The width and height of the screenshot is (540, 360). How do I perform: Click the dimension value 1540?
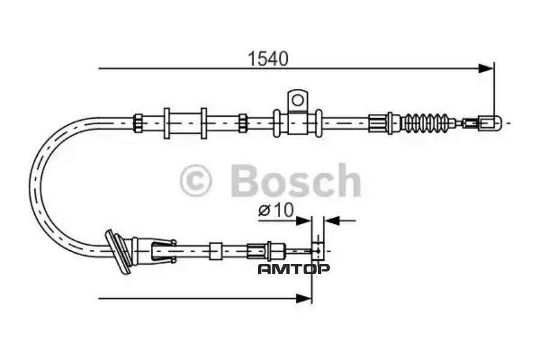268,58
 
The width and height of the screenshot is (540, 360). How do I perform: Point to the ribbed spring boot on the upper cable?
425,123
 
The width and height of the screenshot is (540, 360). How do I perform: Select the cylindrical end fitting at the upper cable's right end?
490,123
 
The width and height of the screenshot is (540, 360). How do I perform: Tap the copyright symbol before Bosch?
196,181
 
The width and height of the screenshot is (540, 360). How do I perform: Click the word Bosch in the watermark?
295,181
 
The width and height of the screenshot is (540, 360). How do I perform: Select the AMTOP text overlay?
293,269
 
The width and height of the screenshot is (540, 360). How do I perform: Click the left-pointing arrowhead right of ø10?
332,220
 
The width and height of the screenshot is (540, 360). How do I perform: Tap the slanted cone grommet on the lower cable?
119,251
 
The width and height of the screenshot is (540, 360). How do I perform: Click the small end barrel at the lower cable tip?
317,251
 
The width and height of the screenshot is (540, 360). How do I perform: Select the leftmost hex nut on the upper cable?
138,123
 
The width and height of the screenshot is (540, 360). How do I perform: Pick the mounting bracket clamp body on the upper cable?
296,122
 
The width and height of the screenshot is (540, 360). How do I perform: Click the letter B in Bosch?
246,181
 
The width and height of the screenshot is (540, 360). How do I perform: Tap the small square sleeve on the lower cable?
215,251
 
